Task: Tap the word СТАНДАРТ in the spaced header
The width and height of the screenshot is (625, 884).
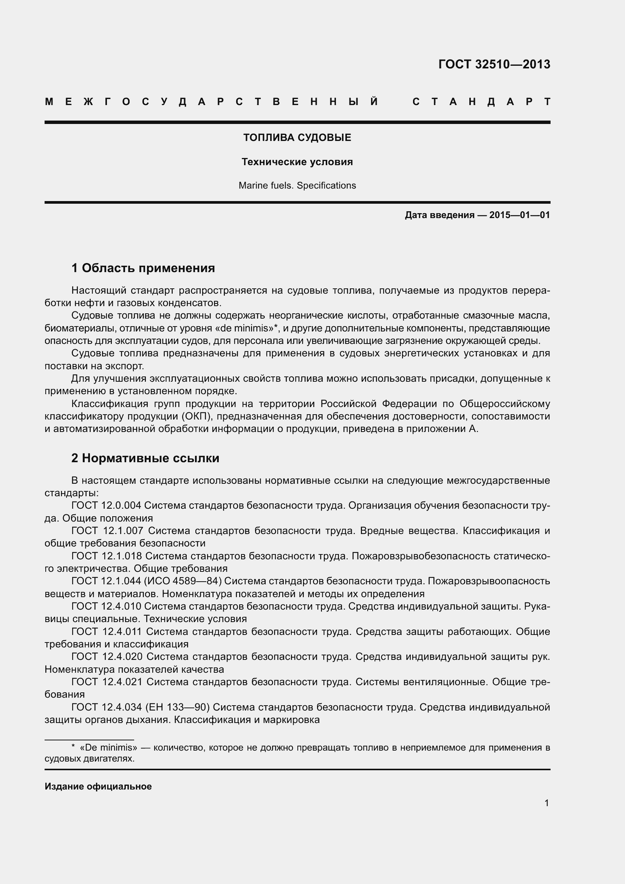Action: click(481, 102)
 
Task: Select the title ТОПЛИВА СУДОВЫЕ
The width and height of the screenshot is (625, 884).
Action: click(297, 138)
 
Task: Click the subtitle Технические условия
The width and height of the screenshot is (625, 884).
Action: click(297, 162)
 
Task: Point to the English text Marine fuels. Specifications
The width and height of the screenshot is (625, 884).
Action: click(297, 186)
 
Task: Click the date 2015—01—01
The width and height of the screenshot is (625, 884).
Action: click(520, 215)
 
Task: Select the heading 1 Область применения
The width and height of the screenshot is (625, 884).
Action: click(143, 268)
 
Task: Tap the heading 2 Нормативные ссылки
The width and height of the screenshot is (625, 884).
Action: click(145, 458)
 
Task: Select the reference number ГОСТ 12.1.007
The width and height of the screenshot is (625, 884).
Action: click(107, 531)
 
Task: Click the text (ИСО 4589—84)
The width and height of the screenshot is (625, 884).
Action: click(186, 581)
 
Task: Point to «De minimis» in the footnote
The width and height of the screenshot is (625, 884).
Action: click(108, 748)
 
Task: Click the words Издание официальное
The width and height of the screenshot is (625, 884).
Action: click(98, 786)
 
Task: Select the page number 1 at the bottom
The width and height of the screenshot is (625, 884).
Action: click(546, 803)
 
